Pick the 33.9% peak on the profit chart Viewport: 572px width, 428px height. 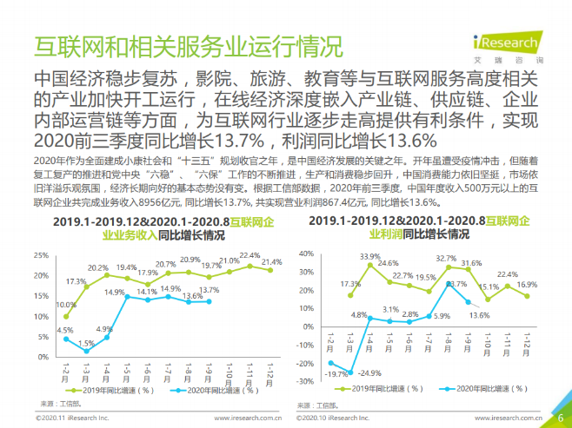tap(369, 265)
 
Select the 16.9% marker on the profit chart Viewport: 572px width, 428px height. tap(526, 296)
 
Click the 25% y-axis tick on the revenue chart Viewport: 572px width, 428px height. tap(41, 254)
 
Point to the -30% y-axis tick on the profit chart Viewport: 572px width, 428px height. tap(303, 381)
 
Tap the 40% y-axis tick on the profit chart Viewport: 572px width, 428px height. tap(303, 254)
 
